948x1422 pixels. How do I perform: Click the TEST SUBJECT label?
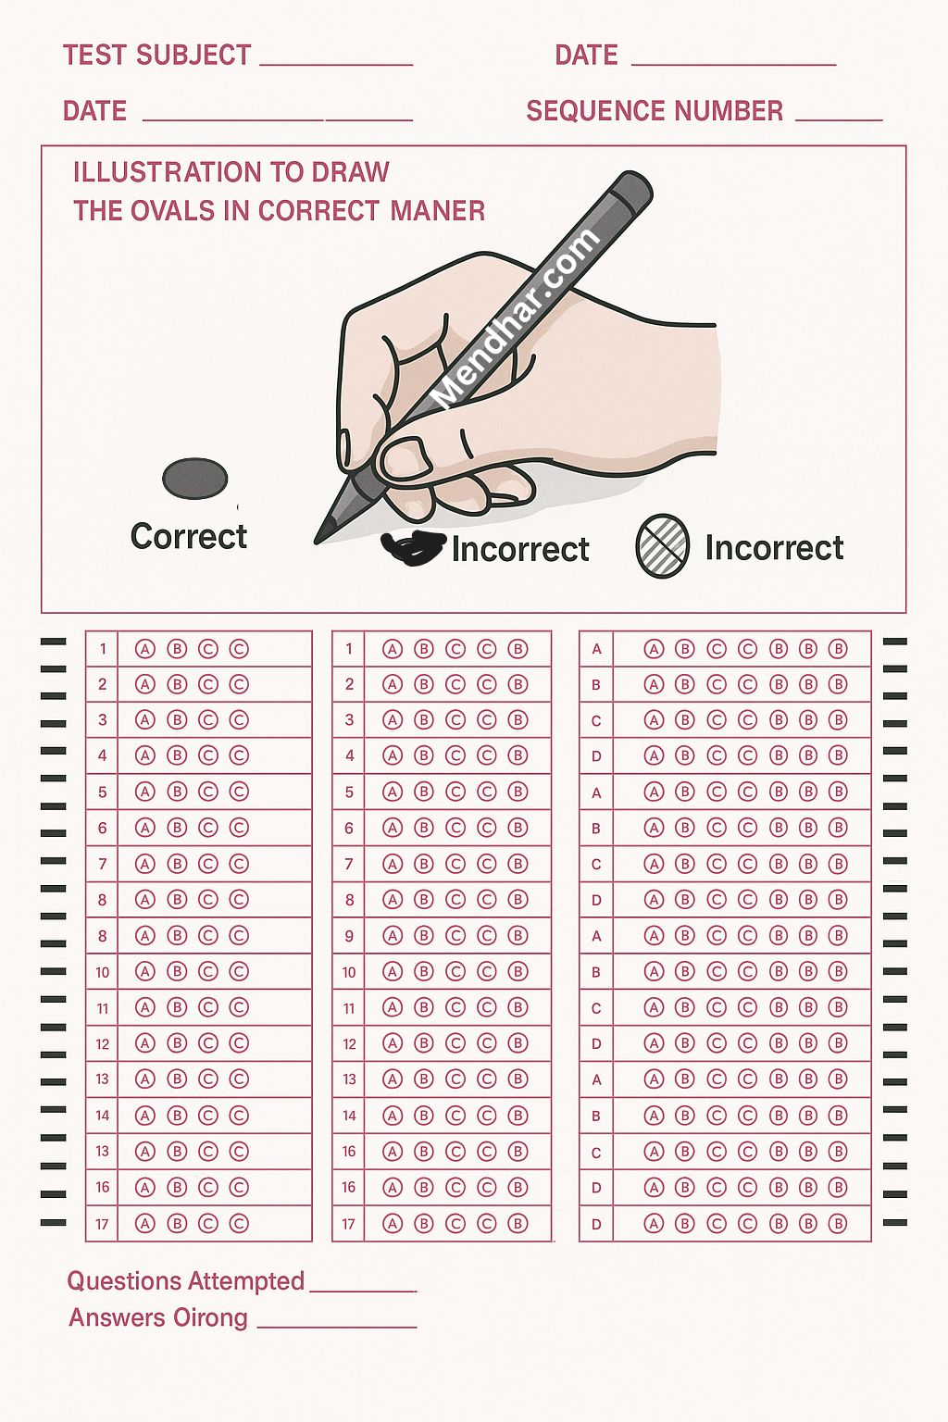[x=156, y=56]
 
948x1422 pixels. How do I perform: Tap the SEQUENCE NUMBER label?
[x=655, y=111]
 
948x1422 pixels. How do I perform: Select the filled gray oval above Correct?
[x=195, y=478]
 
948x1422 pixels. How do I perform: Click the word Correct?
[x=189, y=536]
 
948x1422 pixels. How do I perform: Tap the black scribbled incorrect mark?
[x=412, y=546]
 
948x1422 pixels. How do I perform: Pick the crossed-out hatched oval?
[x=662, y=546]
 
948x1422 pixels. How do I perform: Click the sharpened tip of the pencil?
[x=317, y=542]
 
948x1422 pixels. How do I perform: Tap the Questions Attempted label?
[x=185, y=1281]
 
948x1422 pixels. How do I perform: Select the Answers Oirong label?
[x=158, y=1317]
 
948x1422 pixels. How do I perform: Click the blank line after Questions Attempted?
[x=363, y=1291]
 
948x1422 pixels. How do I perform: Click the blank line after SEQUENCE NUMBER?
[x=839, y=119]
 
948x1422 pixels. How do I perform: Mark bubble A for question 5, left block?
[x=145, y=792]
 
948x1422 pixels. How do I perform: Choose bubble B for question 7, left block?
[x=177, y=864]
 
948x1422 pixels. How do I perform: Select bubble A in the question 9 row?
[x=393, y=936]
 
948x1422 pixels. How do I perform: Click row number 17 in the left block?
[x=102, y=1224]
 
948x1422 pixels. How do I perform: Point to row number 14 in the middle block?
[x=349, y=1116]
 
